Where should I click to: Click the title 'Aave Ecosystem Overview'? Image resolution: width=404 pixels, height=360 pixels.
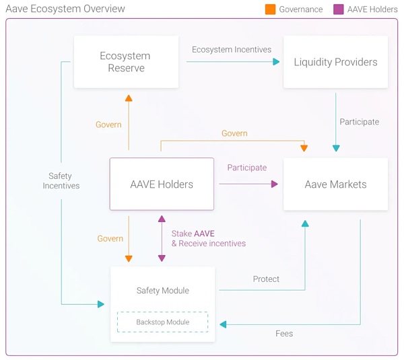[x=65, y=9]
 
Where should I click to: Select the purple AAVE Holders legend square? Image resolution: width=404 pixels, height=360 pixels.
[x=338, y=9]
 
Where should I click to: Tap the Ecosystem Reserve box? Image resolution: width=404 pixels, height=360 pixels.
[x=126, y=62]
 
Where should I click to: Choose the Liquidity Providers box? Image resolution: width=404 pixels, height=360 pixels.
[x=335, y=62]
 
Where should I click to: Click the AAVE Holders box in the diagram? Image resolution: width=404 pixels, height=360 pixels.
[x=162, y=184]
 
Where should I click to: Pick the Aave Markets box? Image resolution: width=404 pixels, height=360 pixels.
[x=335, y=184]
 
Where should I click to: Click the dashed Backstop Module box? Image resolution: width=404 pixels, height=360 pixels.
[x=162, y=322]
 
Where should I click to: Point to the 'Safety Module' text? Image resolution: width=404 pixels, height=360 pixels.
[x=162, y=291]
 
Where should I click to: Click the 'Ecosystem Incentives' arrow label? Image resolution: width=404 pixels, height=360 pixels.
[x=232, y=50]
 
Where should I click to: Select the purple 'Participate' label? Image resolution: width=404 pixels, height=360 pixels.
[x=246, y=168]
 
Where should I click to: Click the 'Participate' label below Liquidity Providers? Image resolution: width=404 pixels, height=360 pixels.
[x=359, y=122]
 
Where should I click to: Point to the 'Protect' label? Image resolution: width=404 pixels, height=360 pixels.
[x=266, y=279]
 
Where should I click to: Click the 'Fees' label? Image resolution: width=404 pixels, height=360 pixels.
[x=284, y=334]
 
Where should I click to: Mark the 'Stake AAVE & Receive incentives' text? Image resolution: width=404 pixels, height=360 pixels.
[x=208, y=238]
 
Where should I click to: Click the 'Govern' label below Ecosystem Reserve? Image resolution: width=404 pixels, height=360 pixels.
[x=108, y=124]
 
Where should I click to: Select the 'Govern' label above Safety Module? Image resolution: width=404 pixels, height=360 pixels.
[x=110, y=239]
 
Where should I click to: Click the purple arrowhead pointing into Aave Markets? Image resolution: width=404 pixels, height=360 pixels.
[x=274, y=183]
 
